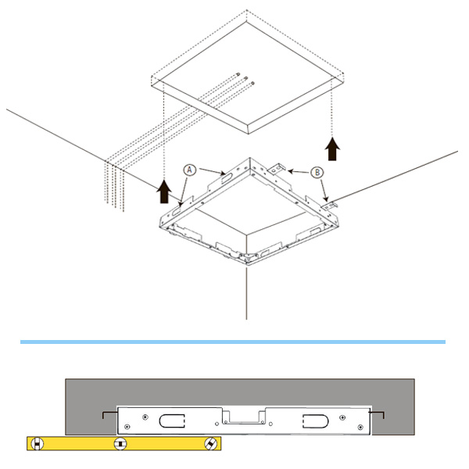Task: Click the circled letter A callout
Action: [x=189, y=170]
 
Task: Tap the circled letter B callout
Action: [x=317, y=172]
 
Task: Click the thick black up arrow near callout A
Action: [x=164, y=192]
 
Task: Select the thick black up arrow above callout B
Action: [x=332, y=149]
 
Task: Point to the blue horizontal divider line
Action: [x=233, y=342]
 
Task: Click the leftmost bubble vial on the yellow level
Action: [x=37, y=444]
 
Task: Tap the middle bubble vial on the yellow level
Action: [x=120, y=444]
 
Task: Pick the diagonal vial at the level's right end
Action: [x=210, y=444]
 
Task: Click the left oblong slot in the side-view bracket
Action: [x=172, y=421]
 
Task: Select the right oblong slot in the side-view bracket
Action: [x=316, y=421]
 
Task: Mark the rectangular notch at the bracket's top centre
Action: [x=244, y=417]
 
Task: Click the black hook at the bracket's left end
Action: [x=109, y=414]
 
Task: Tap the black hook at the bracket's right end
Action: [x=377, y=414]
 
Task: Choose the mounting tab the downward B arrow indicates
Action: [x=329, y=205]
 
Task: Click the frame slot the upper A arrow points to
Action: [x=227, y=178]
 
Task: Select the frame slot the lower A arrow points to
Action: [x=177, y=210]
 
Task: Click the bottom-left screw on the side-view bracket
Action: [x=127, y=427]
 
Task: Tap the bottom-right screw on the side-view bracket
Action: [x=360, y=427]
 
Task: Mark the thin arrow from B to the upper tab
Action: [x=299, y=172]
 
